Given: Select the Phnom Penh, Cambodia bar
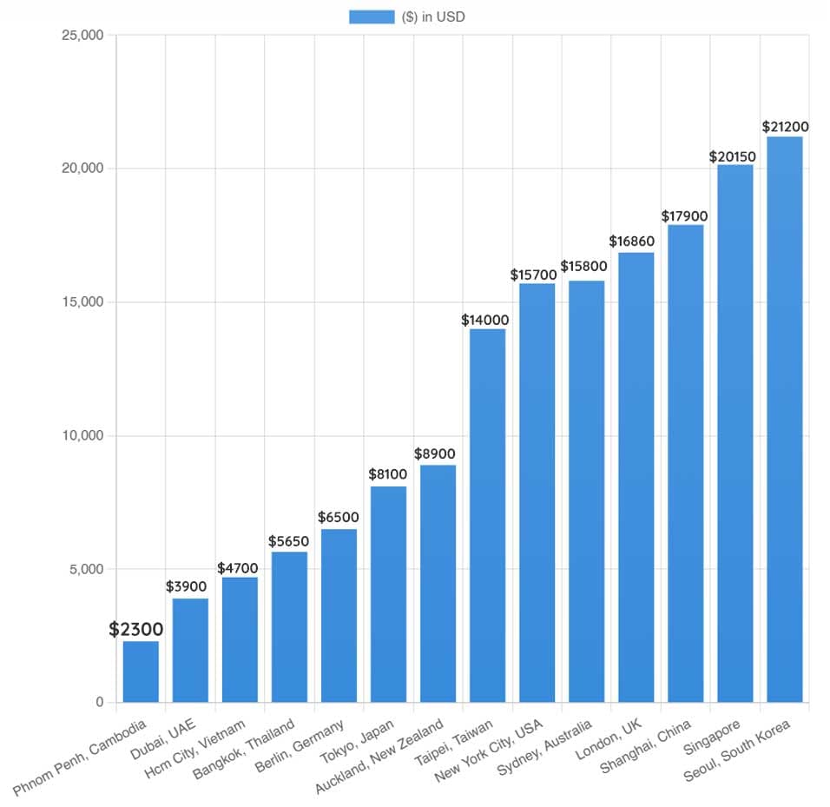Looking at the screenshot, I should [x=141, y=671].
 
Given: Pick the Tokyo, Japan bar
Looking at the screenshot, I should [x=388, y=594].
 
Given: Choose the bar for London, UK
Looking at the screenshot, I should [x=636, y=477].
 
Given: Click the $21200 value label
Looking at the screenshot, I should [x=785, y=127].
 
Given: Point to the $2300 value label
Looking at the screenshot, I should [x=136, y=630].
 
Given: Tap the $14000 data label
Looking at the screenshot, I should [x=485, y=320].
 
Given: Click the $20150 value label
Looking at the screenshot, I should [x=733, y=156].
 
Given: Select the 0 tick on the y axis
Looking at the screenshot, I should [x=99, y=703].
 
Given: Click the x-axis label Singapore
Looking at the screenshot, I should [x=715, y=739].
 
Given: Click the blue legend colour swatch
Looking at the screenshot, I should [x=372, y=17].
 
